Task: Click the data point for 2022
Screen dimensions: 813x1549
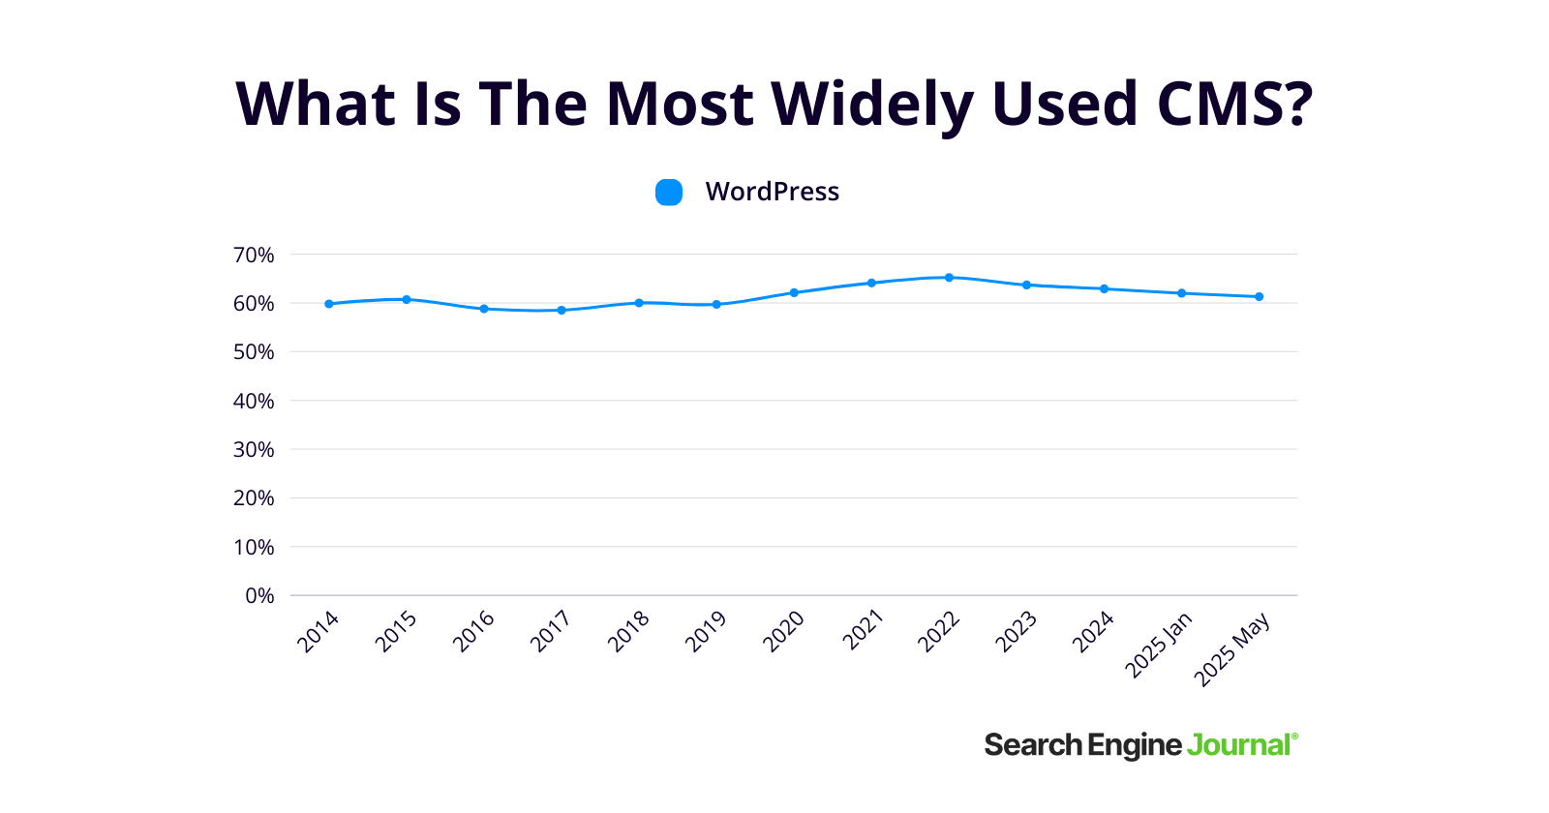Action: point(949,278)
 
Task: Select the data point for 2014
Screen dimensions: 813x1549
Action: point(329,304)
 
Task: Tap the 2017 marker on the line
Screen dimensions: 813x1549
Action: point(562,311)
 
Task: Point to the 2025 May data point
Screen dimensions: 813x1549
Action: point(1259,297)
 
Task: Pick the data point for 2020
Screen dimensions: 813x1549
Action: point(794,292)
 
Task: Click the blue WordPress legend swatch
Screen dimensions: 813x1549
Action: point(669,193)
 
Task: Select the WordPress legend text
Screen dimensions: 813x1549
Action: point(772,192)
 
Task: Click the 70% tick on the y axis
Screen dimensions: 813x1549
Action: point(254,256)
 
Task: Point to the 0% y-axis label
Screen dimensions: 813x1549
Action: point(259,596)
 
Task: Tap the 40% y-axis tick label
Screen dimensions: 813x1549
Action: point(254,402)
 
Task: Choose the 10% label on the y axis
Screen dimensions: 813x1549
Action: point(254,548)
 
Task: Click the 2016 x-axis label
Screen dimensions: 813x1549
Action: point(473,631)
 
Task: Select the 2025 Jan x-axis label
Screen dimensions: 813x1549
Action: point(1159,645)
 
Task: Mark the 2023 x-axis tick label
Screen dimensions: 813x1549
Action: point(1016,631)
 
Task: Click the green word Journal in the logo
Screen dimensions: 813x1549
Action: point(1239,745)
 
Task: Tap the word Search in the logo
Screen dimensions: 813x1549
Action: point(1033,745)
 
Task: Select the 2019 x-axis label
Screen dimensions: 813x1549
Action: point(706,631)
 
